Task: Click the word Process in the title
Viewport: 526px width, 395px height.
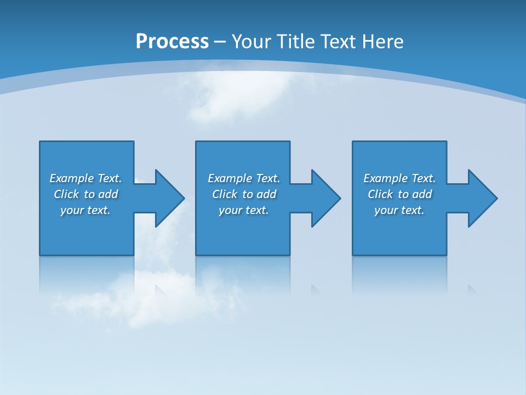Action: tap(172, 42)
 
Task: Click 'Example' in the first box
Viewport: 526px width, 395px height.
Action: tap(71, 178)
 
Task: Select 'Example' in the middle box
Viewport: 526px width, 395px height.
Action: tap(230, 178)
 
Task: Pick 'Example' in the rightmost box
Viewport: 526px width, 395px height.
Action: tap(385, 178)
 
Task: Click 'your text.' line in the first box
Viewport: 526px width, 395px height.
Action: tap(85, 210)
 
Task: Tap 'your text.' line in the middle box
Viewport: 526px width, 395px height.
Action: tap(243, 210)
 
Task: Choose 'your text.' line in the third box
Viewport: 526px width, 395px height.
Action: tap(399, 210)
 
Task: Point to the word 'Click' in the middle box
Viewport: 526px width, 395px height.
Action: tap(225, 194)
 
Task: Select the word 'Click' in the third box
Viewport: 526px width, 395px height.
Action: tap(380, 194)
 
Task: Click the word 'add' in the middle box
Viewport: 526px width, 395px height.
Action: tap(266, 194)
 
